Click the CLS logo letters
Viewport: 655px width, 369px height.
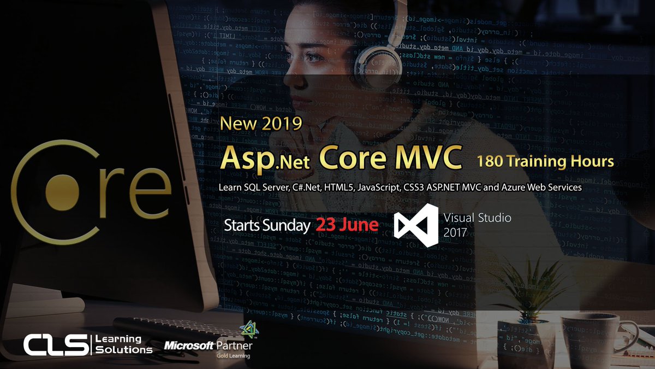pyautogui.click(x=55, y=345)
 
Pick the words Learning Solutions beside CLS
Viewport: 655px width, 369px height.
pyautogui.click(x=124, y=344)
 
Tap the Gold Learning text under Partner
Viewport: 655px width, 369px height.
pyautogui.click(x=232, y=356)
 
